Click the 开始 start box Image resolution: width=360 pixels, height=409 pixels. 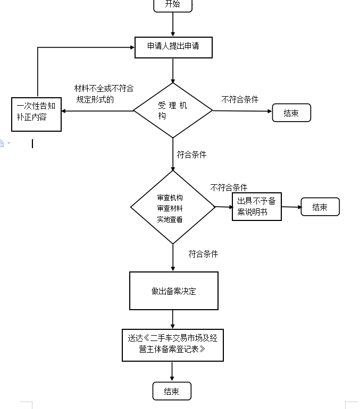point(173,5)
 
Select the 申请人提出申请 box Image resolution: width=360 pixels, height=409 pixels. point(173,47)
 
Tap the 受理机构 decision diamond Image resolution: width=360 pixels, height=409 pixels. point(173,110)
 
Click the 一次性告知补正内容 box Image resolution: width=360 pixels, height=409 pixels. point(36,113)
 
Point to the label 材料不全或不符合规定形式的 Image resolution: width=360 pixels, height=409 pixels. point(104,93)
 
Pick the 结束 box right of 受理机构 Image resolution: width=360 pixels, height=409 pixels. point(291,113)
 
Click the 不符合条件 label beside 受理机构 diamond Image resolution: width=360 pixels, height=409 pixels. point(240,99)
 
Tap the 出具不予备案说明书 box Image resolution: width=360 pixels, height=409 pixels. point(257,207)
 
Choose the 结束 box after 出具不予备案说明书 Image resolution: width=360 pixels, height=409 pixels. point(320,207)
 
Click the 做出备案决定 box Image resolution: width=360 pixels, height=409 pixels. point(174,291)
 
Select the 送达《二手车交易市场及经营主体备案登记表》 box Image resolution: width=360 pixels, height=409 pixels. point(173,345)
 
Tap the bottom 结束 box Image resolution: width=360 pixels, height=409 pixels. point(172,391)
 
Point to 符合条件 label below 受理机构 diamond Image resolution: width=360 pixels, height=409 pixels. point(191,155)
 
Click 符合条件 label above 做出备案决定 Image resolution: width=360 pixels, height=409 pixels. point(203,254)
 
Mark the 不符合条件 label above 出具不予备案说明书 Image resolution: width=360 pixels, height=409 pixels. point(229,188)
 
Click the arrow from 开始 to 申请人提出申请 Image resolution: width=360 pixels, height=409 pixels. point(173,24)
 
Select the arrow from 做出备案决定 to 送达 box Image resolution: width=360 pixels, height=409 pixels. point(173,319)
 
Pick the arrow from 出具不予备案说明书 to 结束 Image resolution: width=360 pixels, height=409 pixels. point(291,207)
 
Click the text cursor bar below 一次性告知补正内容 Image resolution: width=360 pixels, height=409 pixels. point(32,143)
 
